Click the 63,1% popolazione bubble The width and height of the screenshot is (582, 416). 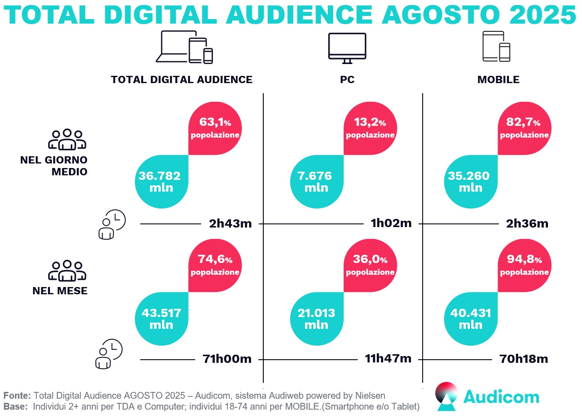(x=215, y=129)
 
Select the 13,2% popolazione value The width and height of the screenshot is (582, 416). (x=370, y=129)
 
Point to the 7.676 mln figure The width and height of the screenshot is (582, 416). (x=316, y=181)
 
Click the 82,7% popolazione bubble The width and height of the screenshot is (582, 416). (x=524, y=129)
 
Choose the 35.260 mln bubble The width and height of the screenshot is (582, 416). (x=470, y=181)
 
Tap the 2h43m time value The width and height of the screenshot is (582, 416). (x=230, y=223)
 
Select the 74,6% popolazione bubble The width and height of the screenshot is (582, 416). (x=215, y=266)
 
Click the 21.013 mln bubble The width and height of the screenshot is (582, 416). (x=316, y=318)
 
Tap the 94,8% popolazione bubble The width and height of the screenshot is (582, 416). (x=524, y=266)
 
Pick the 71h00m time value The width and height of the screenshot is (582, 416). (x=227, y=359)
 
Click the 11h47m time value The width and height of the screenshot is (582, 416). (x=388, y=359)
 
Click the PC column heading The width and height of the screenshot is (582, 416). (x=347, y=80)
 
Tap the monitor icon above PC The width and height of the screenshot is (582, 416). (x=347, y=48)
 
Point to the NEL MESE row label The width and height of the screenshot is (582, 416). (x=60, y=291)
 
